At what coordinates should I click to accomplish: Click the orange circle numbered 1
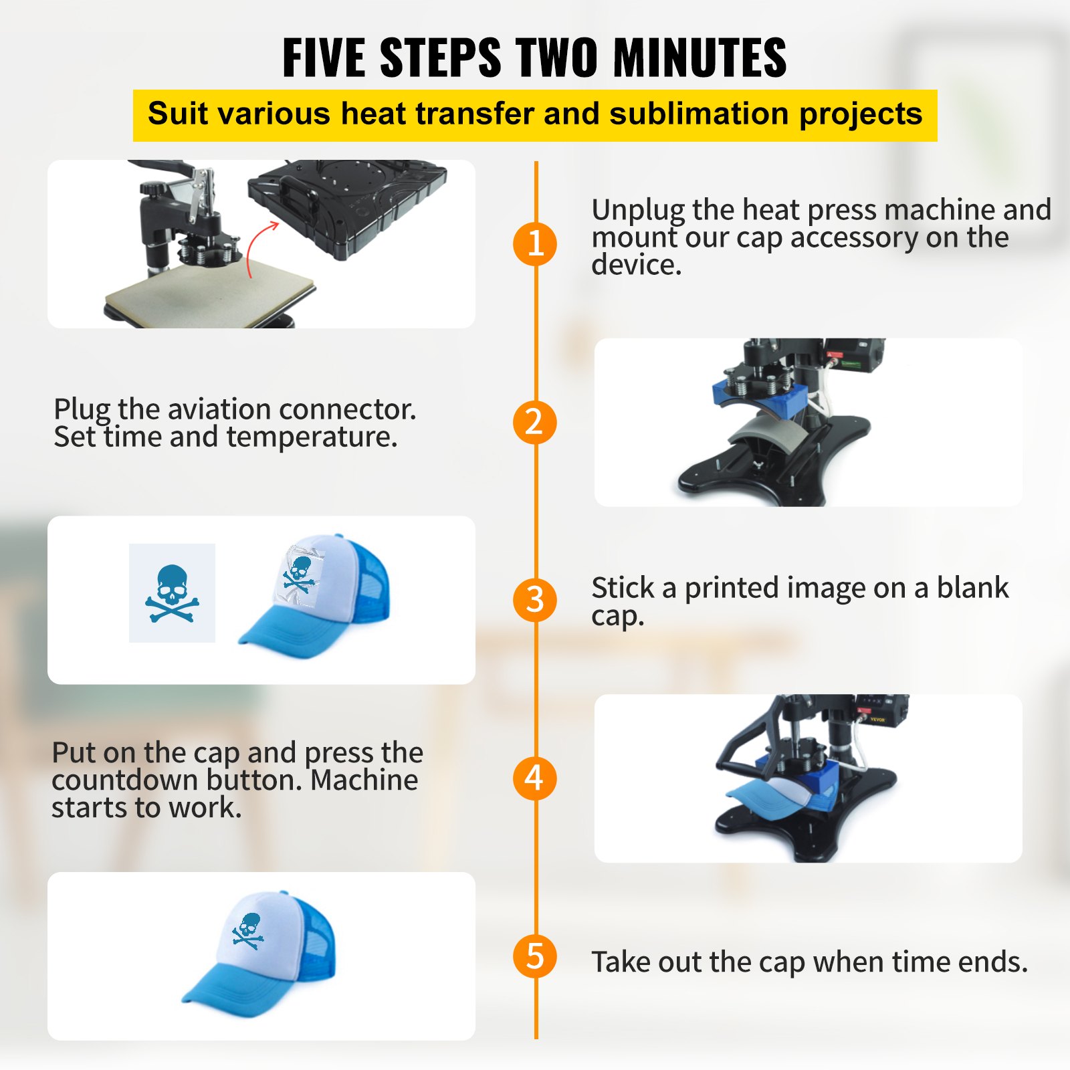tap(535, 243)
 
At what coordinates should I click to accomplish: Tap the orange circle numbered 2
tap(535, 422)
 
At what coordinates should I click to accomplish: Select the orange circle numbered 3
tap(535, 600)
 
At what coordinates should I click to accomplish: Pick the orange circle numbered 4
tap(535, 778)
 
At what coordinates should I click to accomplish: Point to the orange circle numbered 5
tap(535, 956)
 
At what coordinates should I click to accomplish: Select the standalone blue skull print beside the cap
tap(172, 594)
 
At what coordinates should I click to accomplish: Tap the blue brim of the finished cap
tap(218, 990)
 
